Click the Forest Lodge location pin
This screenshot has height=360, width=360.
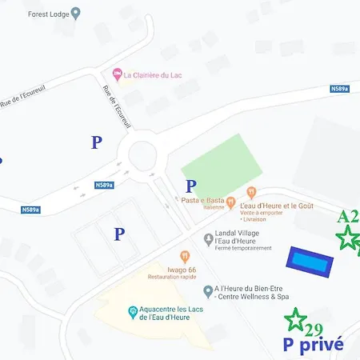click(76, 13)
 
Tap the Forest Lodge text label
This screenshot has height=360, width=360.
click(47, 14)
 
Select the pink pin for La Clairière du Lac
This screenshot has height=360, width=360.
click(117, 76)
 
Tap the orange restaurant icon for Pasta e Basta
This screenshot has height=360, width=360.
click(230, 202)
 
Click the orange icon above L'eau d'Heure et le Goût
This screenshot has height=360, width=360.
click(251, 192)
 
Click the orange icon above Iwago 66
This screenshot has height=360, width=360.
click(185, 257)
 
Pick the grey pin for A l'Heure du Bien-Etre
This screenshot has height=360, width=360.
click(208, 290)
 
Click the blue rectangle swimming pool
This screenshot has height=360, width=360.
click(310, 260)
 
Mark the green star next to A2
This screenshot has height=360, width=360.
click(347, 238)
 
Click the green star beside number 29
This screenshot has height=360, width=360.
click(296, 320)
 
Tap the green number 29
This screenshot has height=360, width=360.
click(314, 330)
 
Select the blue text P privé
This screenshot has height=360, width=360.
click(314, 345)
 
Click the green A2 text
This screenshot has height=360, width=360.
click(348, 217)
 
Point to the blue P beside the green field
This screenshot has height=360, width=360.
click(191, 186)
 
